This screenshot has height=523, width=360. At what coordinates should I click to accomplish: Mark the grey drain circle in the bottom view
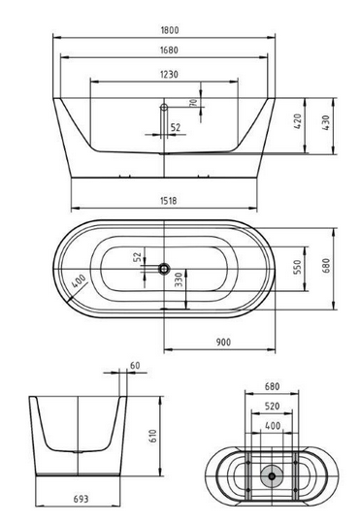tap(271, 476)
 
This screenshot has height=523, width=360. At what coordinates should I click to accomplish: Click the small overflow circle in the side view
tap(163, 106)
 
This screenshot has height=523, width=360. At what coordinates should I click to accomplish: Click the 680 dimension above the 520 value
tap(271, 385)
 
